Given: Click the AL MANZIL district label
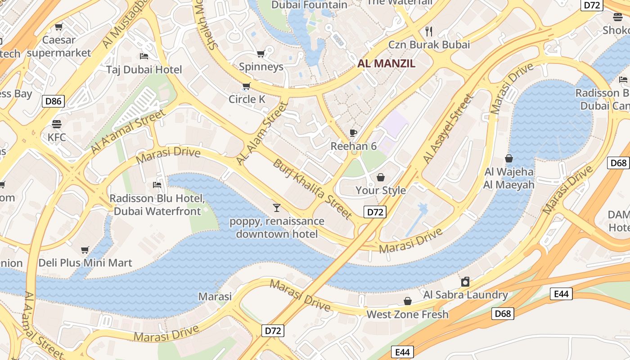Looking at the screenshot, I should click(x=386, y=63).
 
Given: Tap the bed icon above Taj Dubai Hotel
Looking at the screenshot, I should click(x=144, y=56).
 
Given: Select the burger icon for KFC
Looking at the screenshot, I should click(x=57, y=124).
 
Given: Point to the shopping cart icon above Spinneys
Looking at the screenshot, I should click(x=261, y=54).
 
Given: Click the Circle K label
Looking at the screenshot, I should click(x=247, y=99).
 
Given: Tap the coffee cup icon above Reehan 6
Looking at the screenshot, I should click(x=354, y=133).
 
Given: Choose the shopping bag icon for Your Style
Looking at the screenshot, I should click(x=381, y=177).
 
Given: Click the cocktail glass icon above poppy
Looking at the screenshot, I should click(x=277, y=207).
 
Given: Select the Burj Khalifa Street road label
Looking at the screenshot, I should click(x=312, y=189).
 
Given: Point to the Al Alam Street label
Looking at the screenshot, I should click(x=262, y=133).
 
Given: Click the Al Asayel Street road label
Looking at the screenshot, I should click(x=448, y=129).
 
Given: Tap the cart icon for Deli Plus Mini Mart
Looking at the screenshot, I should click(x=85, y=250).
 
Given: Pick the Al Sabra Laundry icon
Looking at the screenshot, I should click(x=465, y=282).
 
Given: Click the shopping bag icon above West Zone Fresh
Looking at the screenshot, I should click(x=408, y=301).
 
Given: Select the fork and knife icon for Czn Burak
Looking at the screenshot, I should click(x=429, y=31).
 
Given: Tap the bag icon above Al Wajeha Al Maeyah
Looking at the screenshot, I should click(x=509, y=158).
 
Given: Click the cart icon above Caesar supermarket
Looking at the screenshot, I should click(x=58, y=27).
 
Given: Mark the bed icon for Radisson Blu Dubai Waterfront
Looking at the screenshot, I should click(x=157, y=185).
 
